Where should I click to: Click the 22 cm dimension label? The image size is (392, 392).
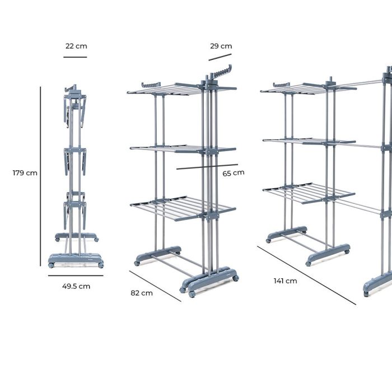point(76,46)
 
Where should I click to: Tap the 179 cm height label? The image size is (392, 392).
point(25,173)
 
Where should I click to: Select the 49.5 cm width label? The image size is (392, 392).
point(76,286)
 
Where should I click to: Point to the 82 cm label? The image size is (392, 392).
point(142,293)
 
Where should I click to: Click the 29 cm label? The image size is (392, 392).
point(221,46)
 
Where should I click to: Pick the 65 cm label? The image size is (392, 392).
point(234,173)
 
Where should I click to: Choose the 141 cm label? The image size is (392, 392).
point(286,281)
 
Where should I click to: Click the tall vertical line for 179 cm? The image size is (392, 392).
point(41,176)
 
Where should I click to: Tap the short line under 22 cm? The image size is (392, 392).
point(75,57)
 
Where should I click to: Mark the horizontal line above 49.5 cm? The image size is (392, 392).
point(75,276)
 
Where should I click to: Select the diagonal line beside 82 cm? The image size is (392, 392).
point(155,286)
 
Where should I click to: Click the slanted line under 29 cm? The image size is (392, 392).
point(220,57)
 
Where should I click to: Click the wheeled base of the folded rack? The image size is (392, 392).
point(76,260)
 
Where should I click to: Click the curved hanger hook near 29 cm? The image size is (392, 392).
point(223,72)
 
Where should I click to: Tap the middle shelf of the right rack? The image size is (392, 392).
point(308,140)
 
